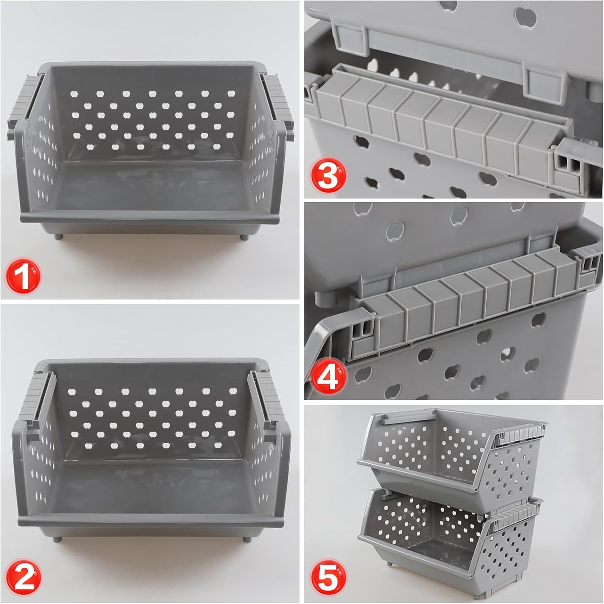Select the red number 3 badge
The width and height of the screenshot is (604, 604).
[x=327, y=177]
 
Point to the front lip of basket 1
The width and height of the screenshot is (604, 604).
[x=149, y=217]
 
